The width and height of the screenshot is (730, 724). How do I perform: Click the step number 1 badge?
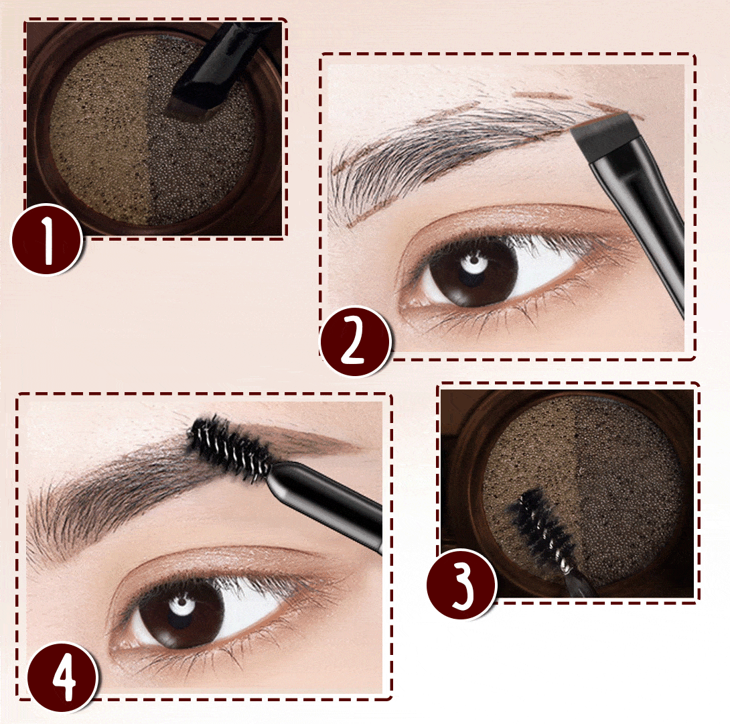(47, 239)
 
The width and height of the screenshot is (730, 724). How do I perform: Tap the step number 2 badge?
(355, 341)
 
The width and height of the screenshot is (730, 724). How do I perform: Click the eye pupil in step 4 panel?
(181, 610)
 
